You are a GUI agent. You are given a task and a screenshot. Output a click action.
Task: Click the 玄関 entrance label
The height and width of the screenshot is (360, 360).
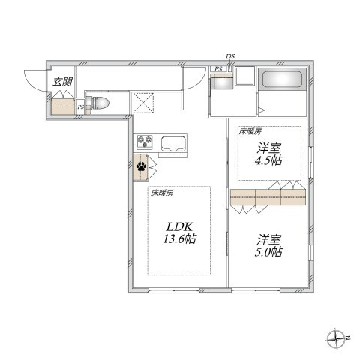[x=62, y=81]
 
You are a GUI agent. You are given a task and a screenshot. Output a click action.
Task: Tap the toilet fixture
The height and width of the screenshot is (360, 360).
[x=99, y=103]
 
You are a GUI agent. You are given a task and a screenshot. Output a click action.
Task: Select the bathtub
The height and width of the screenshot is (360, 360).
[x=282, y=79]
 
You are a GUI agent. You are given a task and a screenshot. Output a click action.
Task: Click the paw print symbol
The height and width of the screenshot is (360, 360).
[x=142, y=166]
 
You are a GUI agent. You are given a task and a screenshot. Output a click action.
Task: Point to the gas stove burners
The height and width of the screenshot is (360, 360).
[x=145, y=142]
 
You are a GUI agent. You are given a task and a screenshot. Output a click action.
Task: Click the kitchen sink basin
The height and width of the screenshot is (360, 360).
[x=173, y=144]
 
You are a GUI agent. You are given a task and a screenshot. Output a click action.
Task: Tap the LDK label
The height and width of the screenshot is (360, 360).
[x=179, y=227]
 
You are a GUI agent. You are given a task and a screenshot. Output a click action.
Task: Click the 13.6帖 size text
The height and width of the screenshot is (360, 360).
[x=179, y=239]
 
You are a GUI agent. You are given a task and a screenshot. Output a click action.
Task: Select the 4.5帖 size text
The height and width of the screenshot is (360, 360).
[x=269, y=160]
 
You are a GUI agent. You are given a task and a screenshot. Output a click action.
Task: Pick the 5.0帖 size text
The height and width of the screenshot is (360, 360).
[x=269, y=252]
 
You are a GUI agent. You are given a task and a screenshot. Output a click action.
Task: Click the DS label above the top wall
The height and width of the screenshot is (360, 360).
[x=230, y=56]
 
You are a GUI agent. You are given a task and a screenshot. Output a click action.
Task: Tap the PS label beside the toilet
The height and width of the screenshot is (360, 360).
[x=80, y=107]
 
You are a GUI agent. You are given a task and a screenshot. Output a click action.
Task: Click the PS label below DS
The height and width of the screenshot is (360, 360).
[x=219, y=69]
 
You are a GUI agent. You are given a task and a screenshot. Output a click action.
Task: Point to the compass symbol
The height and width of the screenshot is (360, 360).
[x=337, y=338]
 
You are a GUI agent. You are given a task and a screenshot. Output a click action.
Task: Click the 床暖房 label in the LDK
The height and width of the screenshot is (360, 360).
[x=162, y=193]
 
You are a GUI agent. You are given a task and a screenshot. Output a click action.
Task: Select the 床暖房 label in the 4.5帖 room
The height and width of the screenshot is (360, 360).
[x=250, y=132]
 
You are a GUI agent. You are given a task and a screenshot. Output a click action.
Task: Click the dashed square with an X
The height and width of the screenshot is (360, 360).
[x=143, y=103]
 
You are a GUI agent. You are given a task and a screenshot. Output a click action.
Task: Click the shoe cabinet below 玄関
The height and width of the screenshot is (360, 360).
[x=63, y=106]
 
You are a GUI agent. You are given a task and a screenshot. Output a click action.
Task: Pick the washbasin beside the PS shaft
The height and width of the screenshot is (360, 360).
[x=220, y=82]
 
